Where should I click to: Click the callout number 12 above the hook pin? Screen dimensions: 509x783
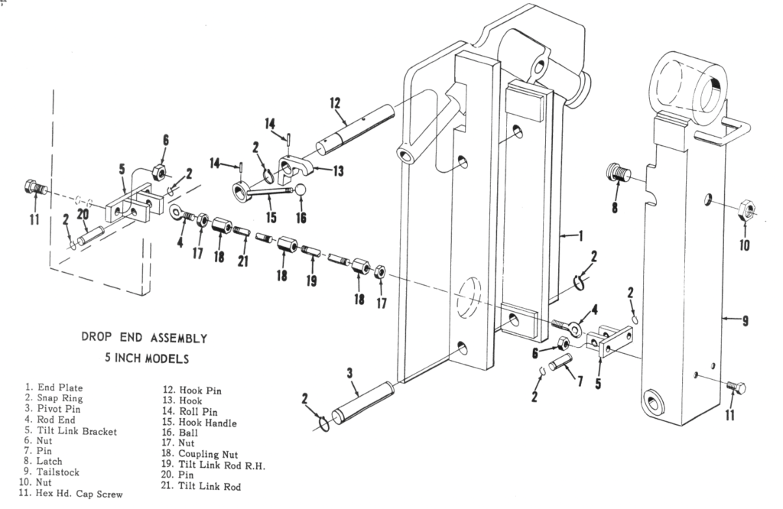click(x=334, y=103)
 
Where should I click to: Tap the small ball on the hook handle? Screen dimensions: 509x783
click(x=301, y=190)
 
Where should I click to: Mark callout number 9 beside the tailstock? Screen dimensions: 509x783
click(x=746, y=321)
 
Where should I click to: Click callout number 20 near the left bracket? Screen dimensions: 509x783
click(x=84, y=218)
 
